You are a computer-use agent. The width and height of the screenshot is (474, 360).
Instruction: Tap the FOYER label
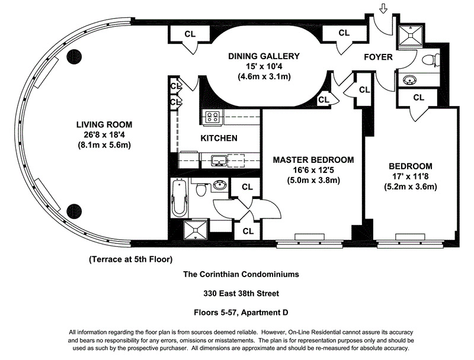click(x=378, y=57)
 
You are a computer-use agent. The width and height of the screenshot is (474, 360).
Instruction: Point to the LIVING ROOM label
click(x=104, y=124)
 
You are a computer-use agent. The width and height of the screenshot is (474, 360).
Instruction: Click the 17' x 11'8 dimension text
click(x=410, y=177)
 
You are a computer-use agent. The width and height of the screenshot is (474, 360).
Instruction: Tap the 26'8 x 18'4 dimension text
click(x=104, y=134)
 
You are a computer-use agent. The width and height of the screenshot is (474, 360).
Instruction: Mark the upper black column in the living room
click(x=74, y=57)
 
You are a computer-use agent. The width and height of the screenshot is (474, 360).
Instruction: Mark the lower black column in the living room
click(x=74, y=210)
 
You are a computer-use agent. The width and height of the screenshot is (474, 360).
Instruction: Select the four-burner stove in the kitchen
click(x=212, y=117)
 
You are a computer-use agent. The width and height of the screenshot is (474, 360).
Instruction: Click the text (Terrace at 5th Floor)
click(x=130, y=259)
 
